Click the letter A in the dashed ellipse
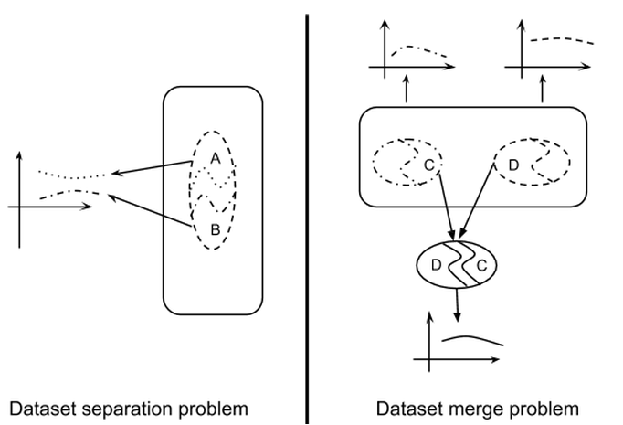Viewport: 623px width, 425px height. (x=215, y=157)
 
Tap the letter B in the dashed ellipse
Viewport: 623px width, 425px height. (x=215, y=229)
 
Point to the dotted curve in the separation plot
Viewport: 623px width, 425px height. (x=73, y=175)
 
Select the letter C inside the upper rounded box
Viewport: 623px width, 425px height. (x=429, y=165)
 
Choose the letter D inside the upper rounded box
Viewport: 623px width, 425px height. (x=512, y=165)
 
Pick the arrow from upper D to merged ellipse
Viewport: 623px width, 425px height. (x=481, y=205)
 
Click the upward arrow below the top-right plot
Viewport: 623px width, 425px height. (x=544, y=90)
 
